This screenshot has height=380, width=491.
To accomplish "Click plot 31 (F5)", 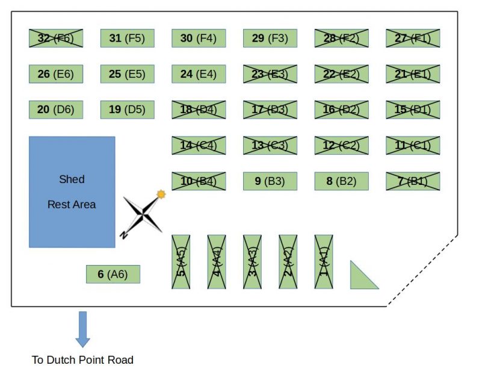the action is pyautogui.click(x=128, y=38).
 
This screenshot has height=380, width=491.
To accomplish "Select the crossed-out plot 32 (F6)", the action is pyautogui.click(x=56, y=38).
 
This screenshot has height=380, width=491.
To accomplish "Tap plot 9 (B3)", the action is pyautogui.click(x=270, y=181).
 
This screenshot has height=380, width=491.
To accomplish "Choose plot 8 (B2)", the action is pyautogui.click(x=342, y=181).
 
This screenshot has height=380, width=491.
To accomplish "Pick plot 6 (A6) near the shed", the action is pyautogui.click(x=113, y=274).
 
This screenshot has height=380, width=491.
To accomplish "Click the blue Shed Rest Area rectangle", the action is pyautogui.click(x=72, y=192).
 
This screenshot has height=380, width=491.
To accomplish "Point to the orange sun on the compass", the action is pyautogui.click(x=161, y=195).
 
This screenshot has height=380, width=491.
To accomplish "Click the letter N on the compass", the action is pyautogui.click(x=124, y=235).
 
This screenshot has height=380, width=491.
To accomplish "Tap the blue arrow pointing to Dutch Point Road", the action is pyautogui.click(x=82, y=329).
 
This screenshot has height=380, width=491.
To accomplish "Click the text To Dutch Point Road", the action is pyautogui.click(x=82, y=360).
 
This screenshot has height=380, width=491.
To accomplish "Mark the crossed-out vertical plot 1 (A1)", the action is pyautogui.click(x=324, y=262).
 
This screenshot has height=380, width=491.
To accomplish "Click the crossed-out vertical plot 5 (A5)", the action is pyautogui.click(x=181, y=262).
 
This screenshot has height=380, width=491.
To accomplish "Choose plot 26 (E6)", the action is pyautogui.click(x=56, y=74).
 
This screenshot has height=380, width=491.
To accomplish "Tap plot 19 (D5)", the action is pyautogui.click(x=128, y=110).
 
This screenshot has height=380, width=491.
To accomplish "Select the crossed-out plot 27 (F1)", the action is pyautogui.click(x=413, y=38).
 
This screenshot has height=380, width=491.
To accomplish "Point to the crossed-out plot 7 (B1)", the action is pyautogui.click(x=413, y=181).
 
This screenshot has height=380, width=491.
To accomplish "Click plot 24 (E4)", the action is pyautogui.click(x=199, y=74).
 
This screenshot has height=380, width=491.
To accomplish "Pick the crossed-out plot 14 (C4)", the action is pyautogui.click(x=199, y=145).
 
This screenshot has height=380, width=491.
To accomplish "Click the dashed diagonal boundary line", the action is pyautogui.click(x=422, y=270).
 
